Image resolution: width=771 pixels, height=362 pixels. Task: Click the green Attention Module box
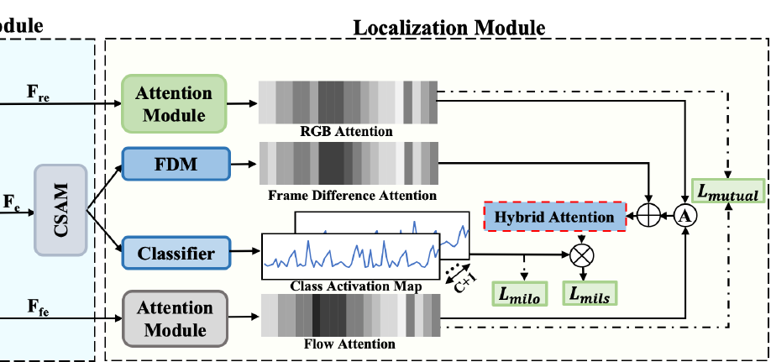(174, 103)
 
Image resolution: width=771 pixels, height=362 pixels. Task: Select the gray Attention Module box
(174, 318)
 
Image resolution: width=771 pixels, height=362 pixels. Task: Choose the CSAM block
(60, 209)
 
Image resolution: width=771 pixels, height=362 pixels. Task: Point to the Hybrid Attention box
(554, 217)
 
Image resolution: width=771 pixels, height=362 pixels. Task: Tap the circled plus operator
(648, 217)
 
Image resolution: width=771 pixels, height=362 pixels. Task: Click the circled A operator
(687, 217)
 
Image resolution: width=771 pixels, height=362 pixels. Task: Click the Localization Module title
(449, 27)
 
